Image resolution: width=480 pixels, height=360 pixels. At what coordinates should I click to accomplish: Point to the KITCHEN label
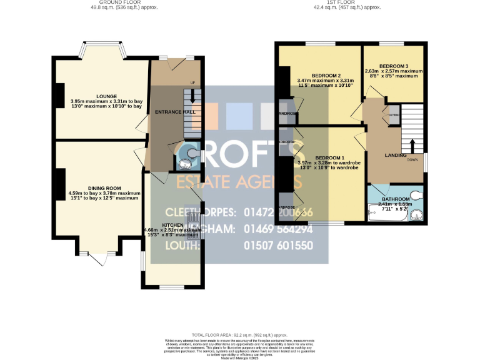[x=172, y=224]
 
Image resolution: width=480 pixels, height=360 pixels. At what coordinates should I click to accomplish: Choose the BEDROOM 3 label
[x=394, y=66]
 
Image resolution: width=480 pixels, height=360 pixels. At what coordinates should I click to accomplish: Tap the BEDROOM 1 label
[x=331, y=157]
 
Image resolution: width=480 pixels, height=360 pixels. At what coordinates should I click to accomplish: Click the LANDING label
[x=396, y=155]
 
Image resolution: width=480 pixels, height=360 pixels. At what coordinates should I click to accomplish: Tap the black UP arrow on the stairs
[x=192, y=95]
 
